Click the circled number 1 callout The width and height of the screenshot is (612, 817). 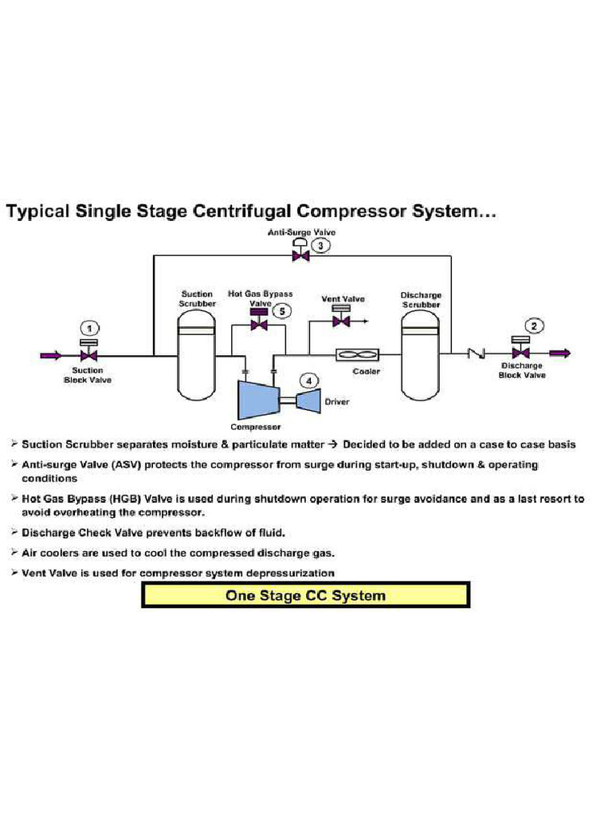click(x=91, y=328)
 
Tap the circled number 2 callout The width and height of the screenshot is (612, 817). click(x=535, y=325)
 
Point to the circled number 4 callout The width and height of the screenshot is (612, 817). click(x=309, y=381)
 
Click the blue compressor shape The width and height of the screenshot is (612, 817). click(x=256, y=397)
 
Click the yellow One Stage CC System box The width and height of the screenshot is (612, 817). click(x=305, y=595)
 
